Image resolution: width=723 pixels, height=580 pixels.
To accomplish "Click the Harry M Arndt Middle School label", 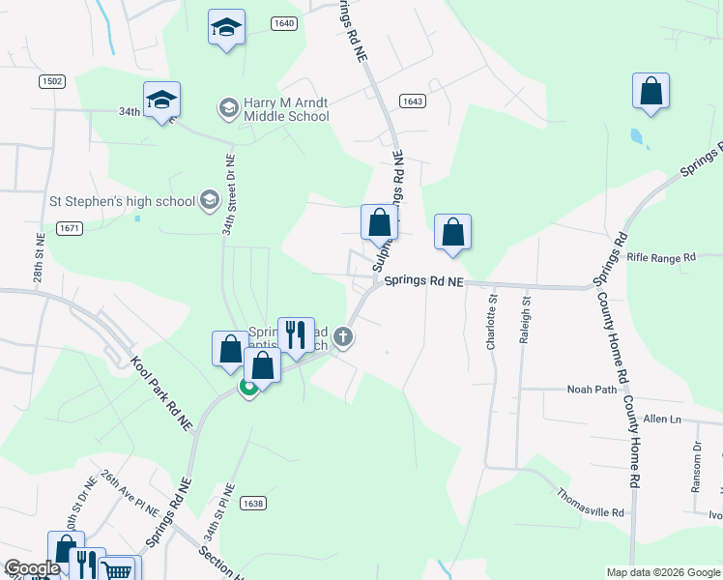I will pyautogui.click(x=286, y=109).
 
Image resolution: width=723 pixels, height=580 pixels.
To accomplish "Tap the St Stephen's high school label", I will pyautogui.click(x=123, y=202).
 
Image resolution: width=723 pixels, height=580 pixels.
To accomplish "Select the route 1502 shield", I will pyautogui.click(x=52, y=82).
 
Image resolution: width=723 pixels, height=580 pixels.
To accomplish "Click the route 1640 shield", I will pyautogui.click(x=283, y=23).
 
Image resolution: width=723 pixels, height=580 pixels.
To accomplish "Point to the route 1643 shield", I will pyautogui.click(x=413, y=101).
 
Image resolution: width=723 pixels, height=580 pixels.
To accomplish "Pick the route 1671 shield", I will pyautogui.click(x=68, y=228).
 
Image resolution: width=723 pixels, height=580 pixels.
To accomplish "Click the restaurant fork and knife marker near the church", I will pyautogui.click(x=296, y=334).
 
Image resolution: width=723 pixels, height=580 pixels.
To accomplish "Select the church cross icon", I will pyautogui.click(x=343, y=337).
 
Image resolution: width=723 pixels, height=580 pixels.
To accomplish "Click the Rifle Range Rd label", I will pyautogui.click(x=661, y=258).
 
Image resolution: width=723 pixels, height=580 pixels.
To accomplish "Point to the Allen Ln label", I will pyautogui.click(x=662, y=419).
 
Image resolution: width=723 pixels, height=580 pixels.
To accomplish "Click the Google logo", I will pyautogui.click(x=32, y=568).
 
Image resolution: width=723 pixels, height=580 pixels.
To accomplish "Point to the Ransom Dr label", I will pyautogui.click(x=696, y=468).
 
